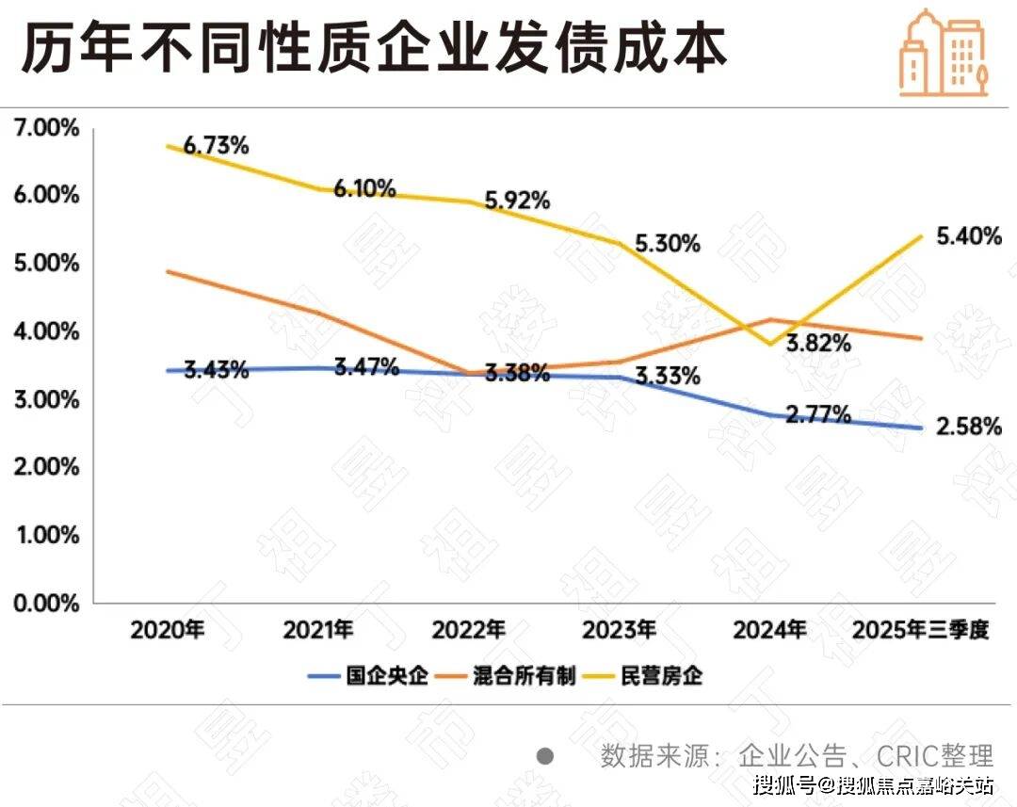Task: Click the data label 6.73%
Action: click(x=216, y=146)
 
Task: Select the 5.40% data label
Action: click(x=969, y=236)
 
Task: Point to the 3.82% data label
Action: click(x=818, y=344)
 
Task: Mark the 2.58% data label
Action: click(x=969, y=427)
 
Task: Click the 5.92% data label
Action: click(x=517, y=201)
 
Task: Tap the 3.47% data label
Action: click(x=366, y=366)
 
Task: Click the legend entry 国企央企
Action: click(x=387, y=676)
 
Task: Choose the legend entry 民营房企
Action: click(x=662, y=676)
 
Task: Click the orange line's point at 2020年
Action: click(x=168, y=271)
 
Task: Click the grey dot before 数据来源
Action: click(x=543, y=755)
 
